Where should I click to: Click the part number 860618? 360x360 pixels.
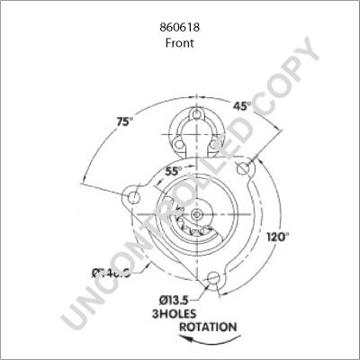pyautogui.click(x=179, y=28)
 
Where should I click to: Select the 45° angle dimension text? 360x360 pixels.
pyautogui.click(x=241, y=105)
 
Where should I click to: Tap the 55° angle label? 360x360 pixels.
pyautogui.click(x=173, y=170)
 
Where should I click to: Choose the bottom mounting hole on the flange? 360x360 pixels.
pyautogui.click(x=214, y=279)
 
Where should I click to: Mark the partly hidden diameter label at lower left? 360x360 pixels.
pyautogui.click(x=111, y=273)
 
